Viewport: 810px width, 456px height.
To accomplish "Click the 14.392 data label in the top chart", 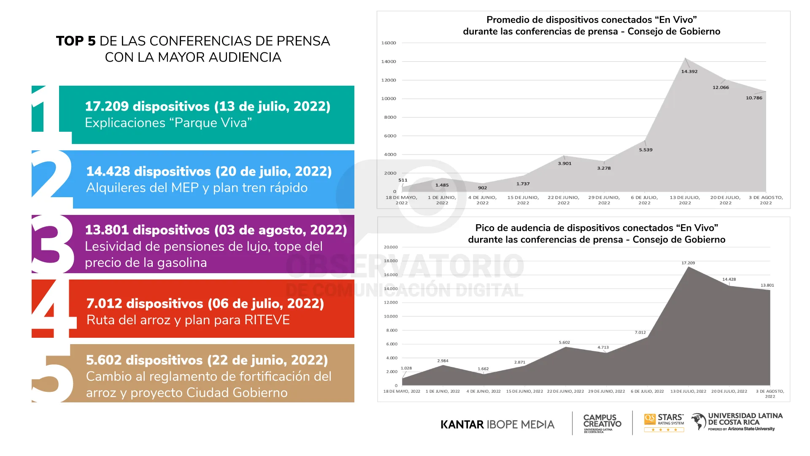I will click(689, 71).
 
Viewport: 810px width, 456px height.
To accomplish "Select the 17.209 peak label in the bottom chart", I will click(688, 263).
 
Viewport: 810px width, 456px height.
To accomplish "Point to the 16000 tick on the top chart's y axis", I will click(389, 43).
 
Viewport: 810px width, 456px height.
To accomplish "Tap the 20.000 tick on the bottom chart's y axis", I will click(391, 247).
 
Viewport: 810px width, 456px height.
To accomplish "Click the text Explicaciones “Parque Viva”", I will click(168, 123).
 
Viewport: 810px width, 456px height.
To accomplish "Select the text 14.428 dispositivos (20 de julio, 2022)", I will click(209, 171).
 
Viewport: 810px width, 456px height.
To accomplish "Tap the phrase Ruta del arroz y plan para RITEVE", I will click(188, 320).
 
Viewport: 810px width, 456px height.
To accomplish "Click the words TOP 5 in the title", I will click(76, 41).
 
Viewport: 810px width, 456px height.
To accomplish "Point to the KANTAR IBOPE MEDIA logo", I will click(497, 424).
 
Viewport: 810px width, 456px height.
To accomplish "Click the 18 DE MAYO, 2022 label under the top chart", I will click(401, 200).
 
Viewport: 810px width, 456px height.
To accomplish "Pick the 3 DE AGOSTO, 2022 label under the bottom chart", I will click(770, 394).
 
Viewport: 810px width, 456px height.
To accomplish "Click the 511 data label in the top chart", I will click(403, 180).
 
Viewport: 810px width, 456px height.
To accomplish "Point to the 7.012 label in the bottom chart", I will click(640, 333).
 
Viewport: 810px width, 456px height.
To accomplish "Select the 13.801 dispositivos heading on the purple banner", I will click(216, 230).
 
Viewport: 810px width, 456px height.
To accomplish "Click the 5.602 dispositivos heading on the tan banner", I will click(207, 360).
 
